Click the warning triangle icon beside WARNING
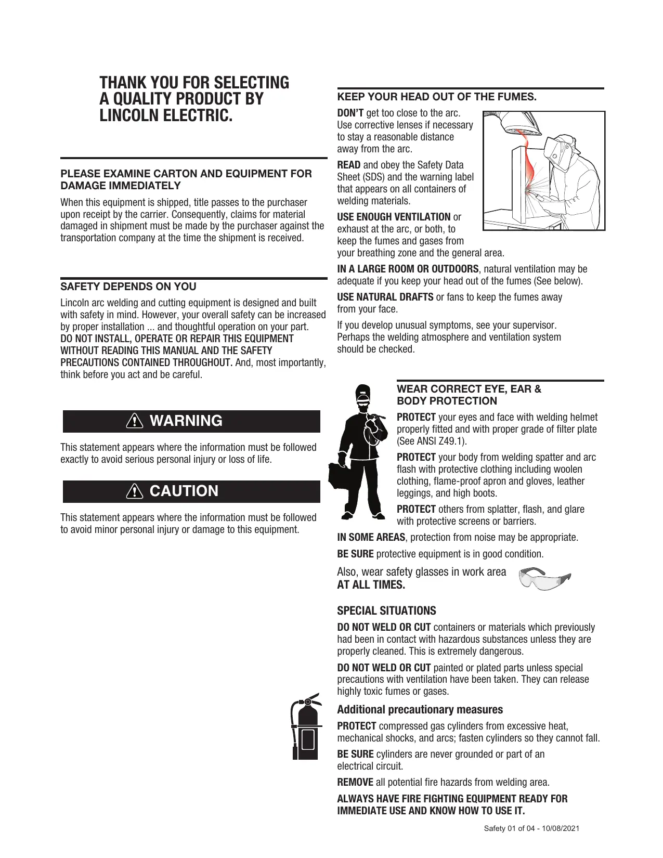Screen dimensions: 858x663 (x=135, y=421)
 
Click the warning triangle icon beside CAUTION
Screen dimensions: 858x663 (x=135, y=491)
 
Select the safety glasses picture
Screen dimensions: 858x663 (x=544, y=579)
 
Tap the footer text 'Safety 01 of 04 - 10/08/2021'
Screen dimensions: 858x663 (x=531, y=828)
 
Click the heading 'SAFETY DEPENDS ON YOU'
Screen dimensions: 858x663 (x=128, y=287)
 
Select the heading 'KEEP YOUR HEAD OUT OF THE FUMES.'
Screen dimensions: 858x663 (x=437, y=97)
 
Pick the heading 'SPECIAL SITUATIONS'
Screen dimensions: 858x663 (x=386, y=611)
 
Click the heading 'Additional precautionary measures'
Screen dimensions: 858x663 (x=420, y=710)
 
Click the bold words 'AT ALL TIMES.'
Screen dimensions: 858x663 (x=371, y=585)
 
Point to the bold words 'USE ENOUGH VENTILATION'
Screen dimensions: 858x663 (x=394, y=217)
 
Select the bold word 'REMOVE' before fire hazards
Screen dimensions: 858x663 (x=355, y=782)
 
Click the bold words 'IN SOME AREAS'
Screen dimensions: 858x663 (x=371, y=537)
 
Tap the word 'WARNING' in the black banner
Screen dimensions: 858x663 (x=186, y=421)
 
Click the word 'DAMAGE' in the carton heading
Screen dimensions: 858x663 (x=82, y=186)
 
